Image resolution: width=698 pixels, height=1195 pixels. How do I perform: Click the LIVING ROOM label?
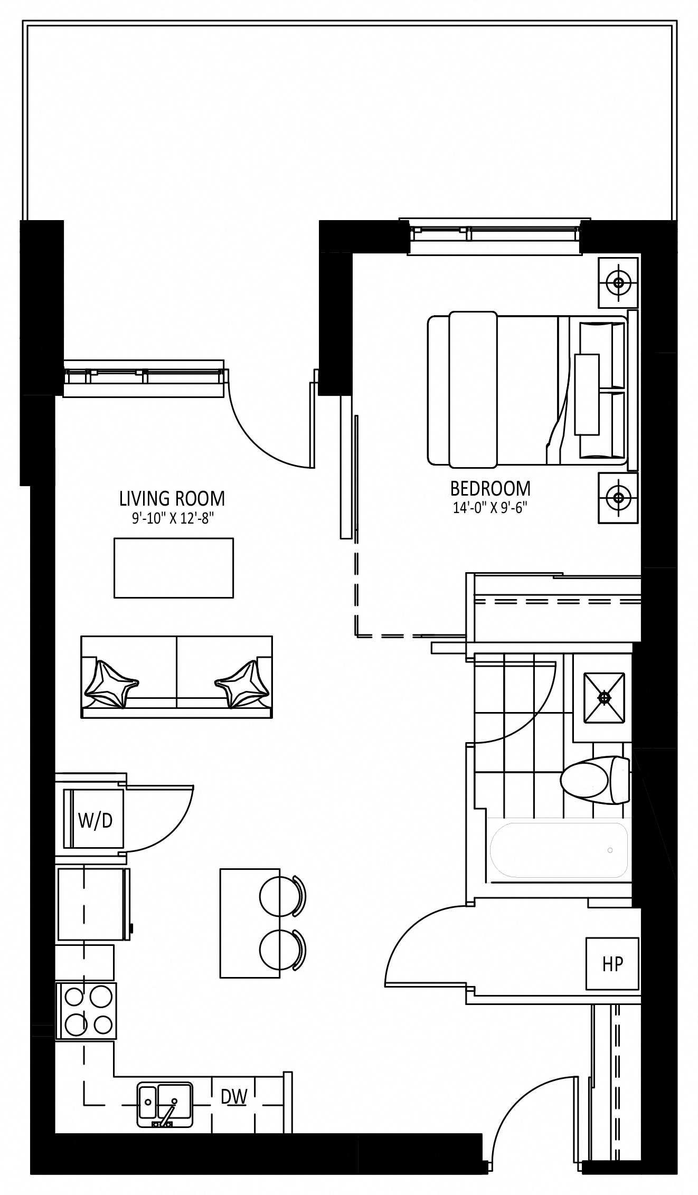[x=172, y=498]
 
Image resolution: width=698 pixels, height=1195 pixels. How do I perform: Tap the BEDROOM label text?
[x=491, y=488]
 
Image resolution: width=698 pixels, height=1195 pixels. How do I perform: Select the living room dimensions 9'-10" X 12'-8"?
[x=173, y=518]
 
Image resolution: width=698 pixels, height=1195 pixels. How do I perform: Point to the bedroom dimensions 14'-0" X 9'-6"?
[x=491, y=508]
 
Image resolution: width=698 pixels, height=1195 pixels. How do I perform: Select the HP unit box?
[x=612, y=964]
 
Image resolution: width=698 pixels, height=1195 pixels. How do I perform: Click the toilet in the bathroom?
[x=595, y=781]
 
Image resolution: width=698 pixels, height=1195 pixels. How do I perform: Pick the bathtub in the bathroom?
[x=559, y=850]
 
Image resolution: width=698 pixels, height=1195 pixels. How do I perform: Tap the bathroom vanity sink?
[x=604, y=697]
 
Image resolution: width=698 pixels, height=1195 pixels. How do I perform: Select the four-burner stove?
[x=86, y=1011]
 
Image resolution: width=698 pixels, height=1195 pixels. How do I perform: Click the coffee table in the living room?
[x=174, y=568]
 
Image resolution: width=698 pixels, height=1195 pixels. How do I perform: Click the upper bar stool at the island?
[x=282, y=895]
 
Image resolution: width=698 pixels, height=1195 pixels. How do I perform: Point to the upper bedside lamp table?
[x=618, y=282]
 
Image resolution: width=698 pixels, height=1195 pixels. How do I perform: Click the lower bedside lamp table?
[x=618, y=497]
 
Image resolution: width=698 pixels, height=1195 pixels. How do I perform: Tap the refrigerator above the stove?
[x=93, y=904]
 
